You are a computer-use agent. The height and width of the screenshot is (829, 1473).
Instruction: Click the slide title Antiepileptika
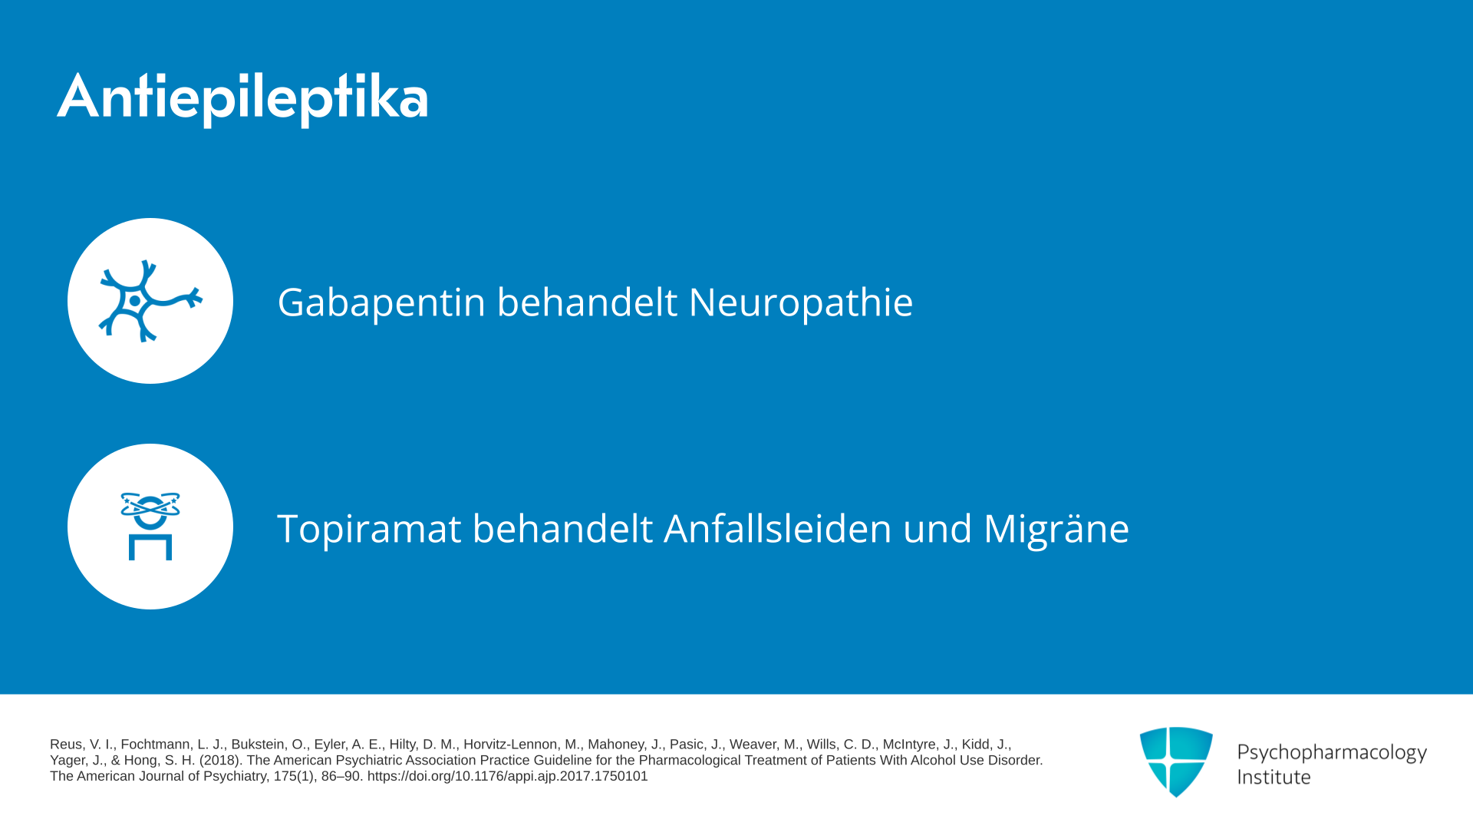pos(242,98)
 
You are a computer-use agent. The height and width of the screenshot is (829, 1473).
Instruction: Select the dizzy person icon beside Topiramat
pos(150,527)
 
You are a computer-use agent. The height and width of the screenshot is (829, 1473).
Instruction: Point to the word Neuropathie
pos(801,302)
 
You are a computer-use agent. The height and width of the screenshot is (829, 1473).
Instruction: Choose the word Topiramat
pos(369,529)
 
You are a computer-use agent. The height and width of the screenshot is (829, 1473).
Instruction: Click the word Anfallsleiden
pos(778,529)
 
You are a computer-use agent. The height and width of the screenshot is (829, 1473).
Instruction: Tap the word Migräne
pos(1056,529)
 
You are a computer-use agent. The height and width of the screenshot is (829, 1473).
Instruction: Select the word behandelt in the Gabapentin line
pos(588,302)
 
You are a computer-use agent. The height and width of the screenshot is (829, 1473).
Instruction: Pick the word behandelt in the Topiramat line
pos(562,529)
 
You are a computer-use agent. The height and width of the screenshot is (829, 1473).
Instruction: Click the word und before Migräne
pos(938,529)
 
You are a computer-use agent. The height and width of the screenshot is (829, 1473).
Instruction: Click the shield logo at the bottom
pos(1176,761)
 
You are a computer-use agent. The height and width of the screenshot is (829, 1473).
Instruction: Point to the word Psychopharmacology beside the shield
pos(1332,753)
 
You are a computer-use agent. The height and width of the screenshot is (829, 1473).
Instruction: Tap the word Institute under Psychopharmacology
pos(1274,777)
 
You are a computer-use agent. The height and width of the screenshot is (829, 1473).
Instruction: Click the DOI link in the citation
pos(507,776)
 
